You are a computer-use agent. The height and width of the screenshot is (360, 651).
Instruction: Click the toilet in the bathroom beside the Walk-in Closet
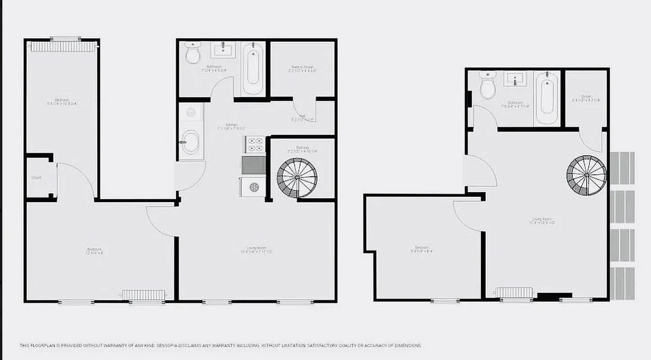coord(193,54)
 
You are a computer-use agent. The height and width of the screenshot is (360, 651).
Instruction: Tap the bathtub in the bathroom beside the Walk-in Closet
coord(253,67)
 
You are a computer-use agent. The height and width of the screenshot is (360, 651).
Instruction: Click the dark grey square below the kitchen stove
coord(254,165)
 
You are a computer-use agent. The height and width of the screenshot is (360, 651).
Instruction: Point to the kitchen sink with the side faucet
coord(190,142)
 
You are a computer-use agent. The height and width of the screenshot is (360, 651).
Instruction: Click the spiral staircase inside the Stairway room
coord(297,177)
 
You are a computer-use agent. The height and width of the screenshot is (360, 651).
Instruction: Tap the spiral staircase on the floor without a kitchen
coord(587,175)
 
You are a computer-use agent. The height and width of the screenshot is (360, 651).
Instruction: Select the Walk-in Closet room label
coord(302,68)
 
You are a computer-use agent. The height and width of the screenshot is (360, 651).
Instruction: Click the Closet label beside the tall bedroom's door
coord(36,178)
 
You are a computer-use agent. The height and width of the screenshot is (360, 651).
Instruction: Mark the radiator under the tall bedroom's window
coord(63,47)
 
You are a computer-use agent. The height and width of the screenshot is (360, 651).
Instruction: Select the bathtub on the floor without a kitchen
coord(547,98)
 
